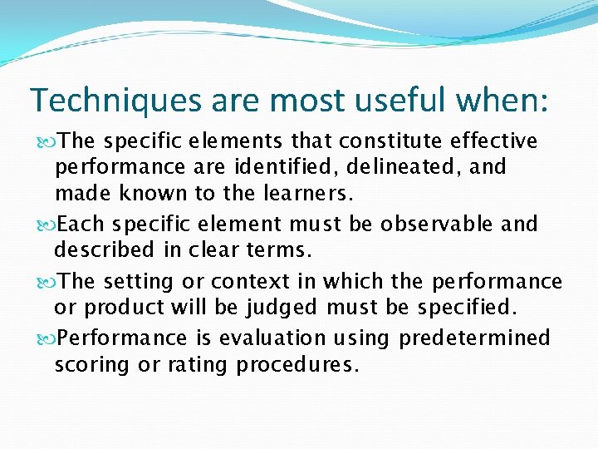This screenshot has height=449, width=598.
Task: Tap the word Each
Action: coord(83,224)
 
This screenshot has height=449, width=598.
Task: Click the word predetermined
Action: coord(474,338)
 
